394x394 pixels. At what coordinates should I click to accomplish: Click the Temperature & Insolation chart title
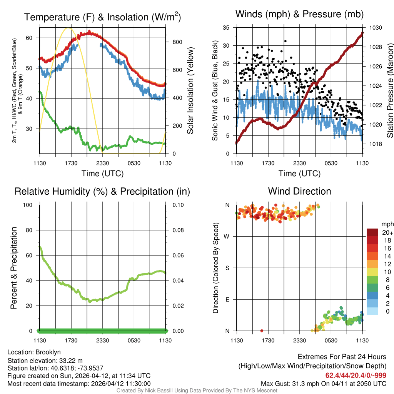[102, 17]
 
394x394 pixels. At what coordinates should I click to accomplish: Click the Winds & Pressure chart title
[299, 14]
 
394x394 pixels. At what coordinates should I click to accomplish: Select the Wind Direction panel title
[299, 191]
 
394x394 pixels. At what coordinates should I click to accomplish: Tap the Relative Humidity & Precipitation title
[102, 191]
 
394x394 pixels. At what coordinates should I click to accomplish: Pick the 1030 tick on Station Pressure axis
[375, 28]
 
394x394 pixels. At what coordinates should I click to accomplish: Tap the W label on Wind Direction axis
[227, 236]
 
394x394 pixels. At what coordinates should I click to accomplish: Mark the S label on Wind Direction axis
[227, 268]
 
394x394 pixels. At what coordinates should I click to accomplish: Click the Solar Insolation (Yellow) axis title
[190, 91]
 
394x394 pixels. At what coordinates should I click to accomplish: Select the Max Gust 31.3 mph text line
[324, 383]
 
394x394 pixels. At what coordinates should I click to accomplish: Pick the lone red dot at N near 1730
[262, 331]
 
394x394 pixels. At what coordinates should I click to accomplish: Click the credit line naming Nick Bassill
[197, 391]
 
